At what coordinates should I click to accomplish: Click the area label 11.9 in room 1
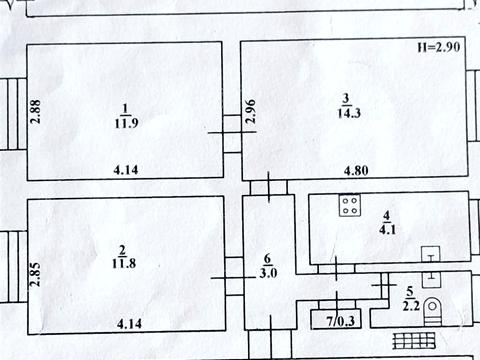click(x=125, y=124)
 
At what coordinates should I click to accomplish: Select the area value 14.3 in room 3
click(x=345, y=113)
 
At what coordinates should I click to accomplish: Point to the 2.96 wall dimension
click(x=252, y=111)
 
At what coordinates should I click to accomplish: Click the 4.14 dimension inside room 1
click(x=127, y=170)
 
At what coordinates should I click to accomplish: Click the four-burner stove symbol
click(x=350, y=207)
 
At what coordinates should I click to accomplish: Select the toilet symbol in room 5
click(x=434, y=307)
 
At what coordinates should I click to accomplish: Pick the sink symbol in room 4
click(x=431, y=254)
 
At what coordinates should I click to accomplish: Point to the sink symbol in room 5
click(x=433, y=279)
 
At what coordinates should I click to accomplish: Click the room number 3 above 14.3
click(x=345, y=98)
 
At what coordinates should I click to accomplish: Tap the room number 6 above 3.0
click(x=268, y=257)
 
